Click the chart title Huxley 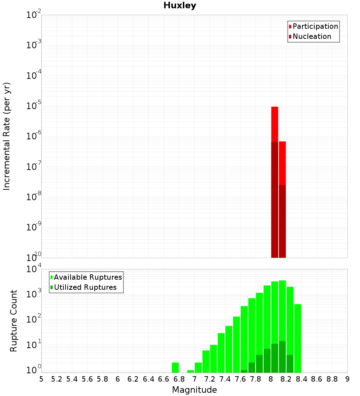180,5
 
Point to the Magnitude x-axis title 194,390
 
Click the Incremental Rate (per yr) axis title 7,136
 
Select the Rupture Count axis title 14,321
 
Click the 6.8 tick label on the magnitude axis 179,379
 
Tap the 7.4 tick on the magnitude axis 225,379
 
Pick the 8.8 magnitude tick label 332,379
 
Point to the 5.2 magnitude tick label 57,379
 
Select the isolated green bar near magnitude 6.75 175,368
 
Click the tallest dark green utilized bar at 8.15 282,356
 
